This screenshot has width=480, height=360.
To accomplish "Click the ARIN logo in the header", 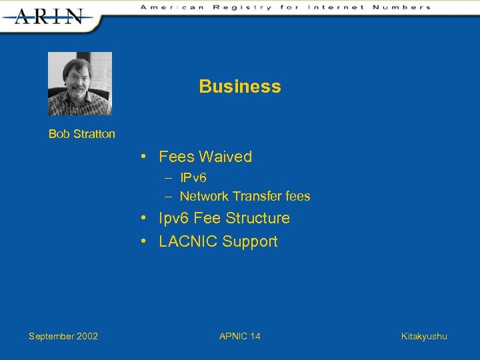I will pos(49,16).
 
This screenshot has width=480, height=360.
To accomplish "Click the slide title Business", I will pos(240,87).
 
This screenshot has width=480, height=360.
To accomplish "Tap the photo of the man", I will pos(80,83).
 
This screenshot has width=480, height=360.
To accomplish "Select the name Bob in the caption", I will pos(59,134).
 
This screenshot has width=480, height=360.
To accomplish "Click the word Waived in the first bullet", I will pos(225,157).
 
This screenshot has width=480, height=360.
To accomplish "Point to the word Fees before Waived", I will pos(176,157).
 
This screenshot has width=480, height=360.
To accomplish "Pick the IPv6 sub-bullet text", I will pos(193,179).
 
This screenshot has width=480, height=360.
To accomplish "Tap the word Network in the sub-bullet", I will pos(205,197).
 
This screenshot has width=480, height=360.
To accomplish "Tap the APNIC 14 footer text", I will pos(240,336).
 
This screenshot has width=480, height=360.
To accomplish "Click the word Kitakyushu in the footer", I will pos(424,336).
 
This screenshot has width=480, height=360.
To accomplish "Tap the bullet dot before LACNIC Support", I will pos(144,241).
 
